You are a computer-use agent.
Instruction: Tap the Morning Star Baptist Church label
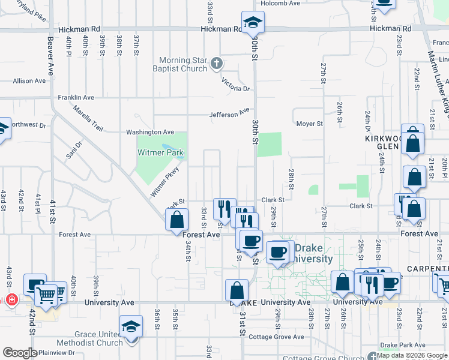pos(184,64)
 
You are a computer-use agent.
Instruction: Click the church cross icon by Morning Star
pos(217,62)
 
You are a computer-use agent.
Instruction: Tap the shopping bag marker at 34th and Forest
pos(177,220)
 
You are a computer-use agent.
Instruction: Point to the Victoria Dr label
pos(235,84)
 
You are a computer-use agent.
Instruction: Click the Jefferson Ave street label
pos(229,113)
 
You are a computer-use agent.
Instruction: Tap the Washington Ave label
pos(149,132)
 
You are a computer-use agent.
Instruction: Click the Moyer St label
pos(310,124)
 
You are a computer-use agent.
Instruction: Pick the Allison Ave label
pos(29,80)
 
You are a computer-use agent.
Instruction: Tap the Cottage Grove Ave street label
pos(282,337)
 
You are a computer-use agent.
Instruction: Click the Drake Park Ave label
pos(402,346)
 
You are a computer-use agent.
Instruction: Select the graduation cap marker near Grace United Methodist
pos(131,328)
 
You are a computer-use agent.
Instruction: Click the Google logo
pos(19,353)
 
